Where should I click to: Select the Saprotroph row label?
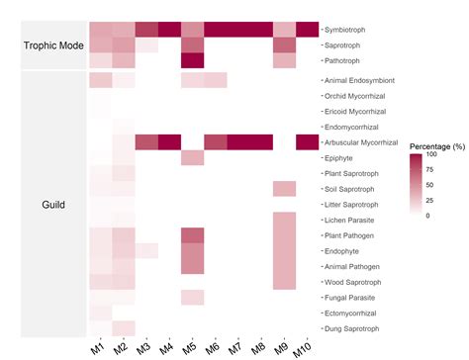pyautogui.click(x=349, y=45)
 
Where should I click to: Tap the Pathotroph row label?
pyautogui.click(x=349, y=61)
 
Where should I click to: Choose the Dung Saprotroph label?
pyautogui.click(x=355, y=327)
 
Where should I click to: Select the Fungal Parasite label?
pyautogui.click(x=354, y=297)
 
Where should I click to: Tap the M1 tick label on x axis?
pyautogui.click(x=97, y=347)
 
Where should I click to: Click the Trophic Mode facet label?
pyautogui.click(x=53, y=45)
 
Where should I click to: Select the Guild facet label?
pyautogui.click(x=53, y=205)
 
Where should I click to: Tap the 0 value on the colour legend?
pyautogui.click(x=428, y=215)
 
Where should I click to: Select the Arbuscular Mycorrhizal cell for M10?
pyautogui.click(x=308, y=142)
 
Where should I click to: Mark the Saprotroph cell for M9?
pyautogui.click(x=284, y=45)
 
